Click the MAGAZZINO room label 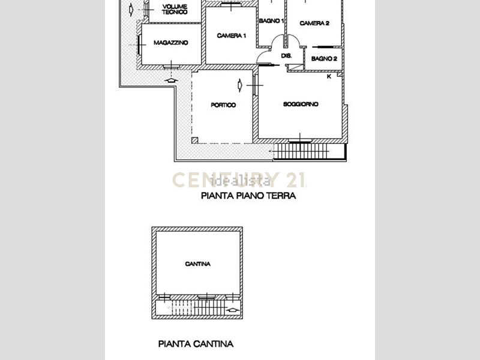point(170,43)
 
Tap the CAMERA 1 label point(231,36)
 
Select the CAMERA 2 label point(314,23)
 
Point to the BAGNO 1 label point(271,21)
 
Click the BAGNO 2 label point(324,58)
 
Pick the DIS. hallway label point(286,56)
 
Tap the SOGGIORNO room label point(301,104)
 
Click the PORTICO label point(223,105)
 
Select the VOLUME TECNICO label point(175,10)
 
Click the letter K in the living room point(329,77)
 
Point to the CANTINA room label point(198,264)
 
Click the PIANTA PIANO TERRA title point(248,196)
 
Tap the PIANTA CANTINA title point(196,344)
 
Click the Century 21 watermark point(239,179)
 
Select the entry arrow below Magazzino point(171,80)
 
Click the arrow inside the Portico point(240,85)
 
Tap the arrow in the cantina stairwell point(233,310)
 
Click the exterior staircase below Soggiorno point(310,151)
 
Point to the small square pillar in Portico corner point(194,140)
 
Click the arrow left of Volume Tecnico point(131,10)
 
